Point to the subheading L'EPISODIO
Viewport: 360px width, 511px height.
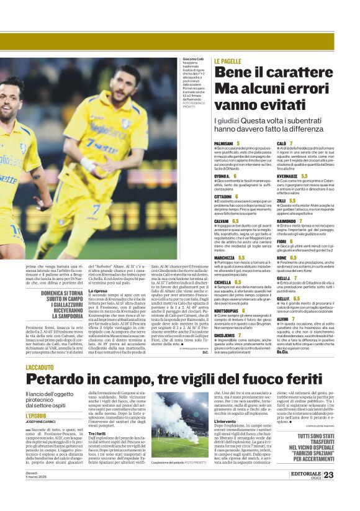point(36,415)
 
